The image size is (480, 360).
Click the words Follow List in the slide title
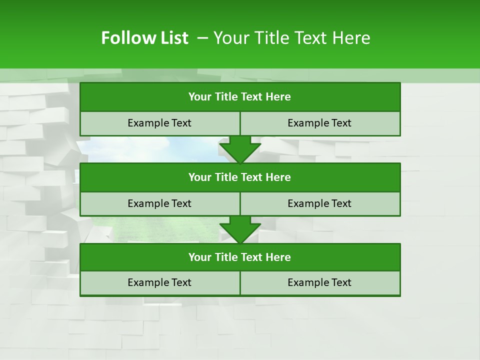tap(144, 38)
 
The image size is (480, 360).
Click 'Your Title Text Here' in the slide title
tap(292, 38)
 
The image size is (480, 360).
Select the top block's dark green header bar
tap(240, 97)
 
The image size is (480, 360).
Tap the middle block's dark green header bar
tap(240, 177)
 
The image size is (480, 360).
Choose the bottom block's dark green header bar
tap(240, 257)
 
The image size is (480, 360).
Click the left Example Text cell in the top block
tap(159, 123)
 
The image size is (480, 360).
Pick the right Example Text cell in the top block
tap(320, 123)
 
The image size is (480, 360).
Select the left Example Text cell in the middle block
tap(159, 203)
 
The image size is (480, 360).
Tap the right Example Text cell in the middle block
tap(320, 203)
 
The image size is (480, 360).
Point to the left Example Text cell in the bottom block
tap(159, 282)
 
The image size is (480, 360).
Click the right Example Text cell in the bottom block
tap(320, 282)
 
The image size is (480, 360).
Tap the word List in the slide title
tap(173, 38)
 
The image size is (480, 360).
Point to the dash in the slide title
tap(202, 38)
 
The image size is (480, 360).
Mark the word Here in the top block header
tap(278, 97)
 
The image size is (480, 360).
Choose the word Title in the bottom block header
tap(226, 257)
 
